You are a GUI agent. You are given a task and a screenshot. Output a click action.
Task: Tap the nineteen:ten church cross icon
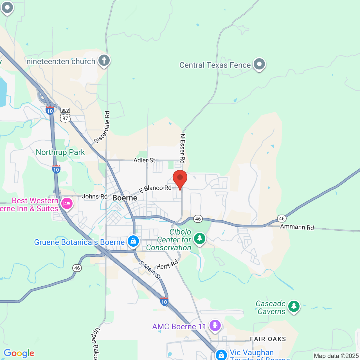pyautogui.click(x=104, y=60)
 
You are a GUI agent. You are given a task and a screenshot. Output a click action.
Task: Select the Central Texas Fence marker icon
pyautogui.click(x=259, y=64)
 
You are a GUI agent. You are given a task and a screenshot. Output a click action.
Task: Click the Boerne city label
pyautogui.click(x=125, y=198)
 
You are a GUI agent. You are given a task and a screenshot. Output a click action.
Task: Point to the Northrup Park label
pyautogui.click(x=60, y=152)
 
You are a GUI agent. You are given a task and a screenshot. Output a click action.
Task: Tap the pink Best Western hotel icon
pyautogui.click(x=67, y=203)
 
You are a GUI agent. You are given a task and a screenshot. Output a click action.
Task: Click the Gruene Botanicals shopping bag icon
pyautogui.click(x=133, y=241)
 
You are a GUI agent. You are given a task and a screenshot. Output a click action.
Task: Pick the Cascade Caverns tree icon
pyautogui.click(x=294, y=306)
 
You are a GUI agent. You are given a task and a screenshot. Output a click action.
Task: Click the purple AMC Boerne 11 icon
pyautogui.click(x=215, y=325)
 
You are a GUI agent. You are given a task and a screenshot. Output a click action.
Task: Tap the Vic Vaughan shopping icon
pyautogui.click(x=221, y=354)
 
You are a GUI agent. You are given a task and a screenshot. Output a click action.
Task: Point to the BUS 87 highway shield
pyautogui.click(x=65, y=116)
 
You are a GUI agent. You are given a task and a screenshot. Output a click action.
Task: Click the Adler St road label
pyautogui.click(x=144, y=160)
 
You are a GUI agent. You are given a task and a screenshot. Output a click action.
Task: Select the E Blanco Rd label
pyautogui.click(x=155, y=189)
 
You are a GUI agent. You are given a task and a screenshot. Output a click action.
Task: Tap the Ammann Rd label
pyautogui.click(x=297, y=227)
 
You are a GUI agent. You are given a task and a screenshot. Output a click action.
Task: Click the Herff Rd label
pyautogui.click(x=167, y=265)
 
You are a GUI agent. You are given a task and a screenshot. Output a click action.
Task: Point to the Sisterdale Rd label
pyautogui.click(x=102, y=127)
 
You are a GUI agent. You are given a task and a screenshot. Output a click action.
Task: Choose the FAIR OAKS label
pyautogui.click(x=268, y=339)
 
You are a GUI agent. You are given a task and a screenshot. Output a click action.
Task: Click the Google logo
pyautogui.click(x=19, y=353)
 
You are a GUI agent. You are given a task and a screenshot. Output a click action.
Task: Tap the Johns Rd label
pyautogui.click(x=94, y=196)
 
